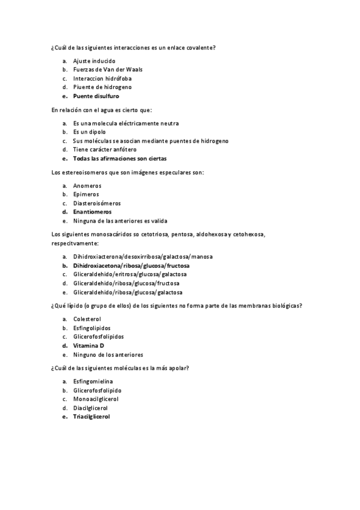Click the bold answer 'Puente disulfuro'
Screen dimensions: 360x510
96,96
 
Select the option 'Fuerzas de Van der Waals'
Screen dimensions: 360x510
107,70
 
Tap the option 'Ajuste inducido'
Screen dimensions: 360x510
94,61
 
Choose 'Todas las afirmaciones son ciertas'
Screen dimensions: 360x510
120,158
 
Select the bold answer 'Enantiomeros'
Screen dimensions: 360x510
92,212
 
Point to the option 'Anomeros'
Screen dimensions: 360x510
87,185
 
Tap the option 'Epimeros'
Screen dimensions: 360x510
87,194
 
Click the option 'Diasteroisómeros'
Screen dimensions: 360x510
97,203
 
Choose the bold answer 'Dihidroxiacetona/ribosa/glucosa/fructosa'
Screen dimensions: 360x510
131,265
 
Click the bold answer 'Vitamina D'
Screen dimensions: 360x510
88,346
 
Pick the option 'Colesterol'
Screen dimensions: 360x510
87,319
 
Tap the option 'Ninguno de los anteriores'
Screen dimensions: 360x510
108,354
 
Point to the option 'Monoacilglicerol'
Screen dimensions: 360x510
96,399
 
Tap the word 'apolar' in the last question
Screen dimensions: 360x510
175,367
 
